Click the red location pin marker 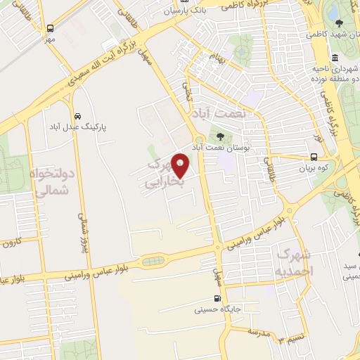tap(181, 166)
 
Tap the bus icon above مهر tap(51, 29)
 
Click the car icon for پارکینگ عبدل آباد tap(76, 115)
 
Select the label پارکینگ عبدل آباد tap(79, 127)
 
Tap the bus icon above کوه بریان tap(314, 157)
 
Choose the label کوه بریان tap(314, 169)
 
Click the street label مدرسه tap(260, 333)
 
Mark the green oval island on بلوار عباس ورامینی tap(152, 262)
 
